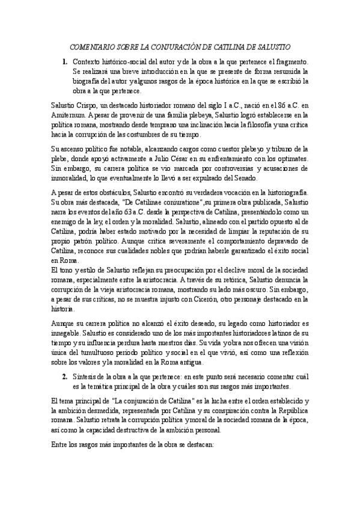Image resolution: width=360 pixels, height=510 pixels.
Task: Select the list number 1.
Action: click(x=64, y=62)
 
